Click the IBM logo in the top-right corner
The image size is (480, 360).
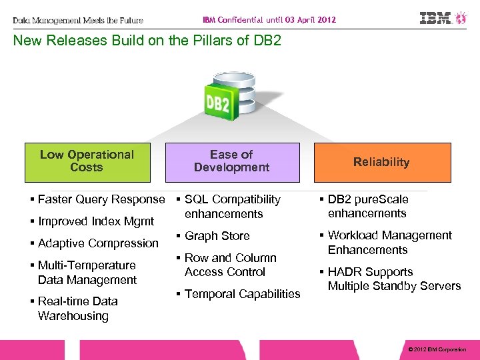click(x=444, y=18)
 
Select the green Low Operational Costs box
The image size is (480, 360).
click(x=87, y=162)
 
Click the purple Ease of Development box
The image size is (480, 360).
click(x=232, y=162)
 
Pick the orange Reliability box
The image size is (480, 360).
click(x=381, y=162)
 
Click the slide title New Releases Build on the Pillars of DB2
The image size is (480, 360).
click(x=147, y=41)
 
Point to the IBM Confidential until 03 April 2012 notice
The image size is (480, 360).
click(x=269, y=20)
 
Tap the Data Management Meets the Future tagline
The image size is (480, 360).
click(x=78, y=21)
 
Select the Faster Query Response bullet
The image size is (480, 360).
click(x=101, y=199)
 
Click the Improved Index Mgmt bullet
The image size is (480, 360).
click(x=95, y=221)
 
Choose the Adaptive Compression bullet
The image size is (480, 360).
click(x=98, y=243)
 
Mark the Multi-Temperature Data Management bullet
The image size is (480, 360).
click(x=87, y=273)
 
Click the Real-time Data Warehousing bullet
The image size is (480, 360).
click(x=77, y=309)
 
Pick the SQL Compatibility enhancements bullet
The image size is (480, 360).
click(x=232, y=207)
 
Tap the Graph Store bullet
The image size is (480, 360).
click(x=217, y=236)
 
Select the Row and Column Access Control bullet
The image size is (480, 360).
click(x=229, y=265)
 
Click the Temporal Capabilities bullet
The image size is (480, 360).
click(x=242, y=294)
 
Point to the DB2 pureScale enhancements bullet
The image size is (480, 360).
click(x=367, y=206)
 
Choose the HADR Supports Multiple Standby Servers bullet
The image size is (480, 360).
click(x=394, y=279)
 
